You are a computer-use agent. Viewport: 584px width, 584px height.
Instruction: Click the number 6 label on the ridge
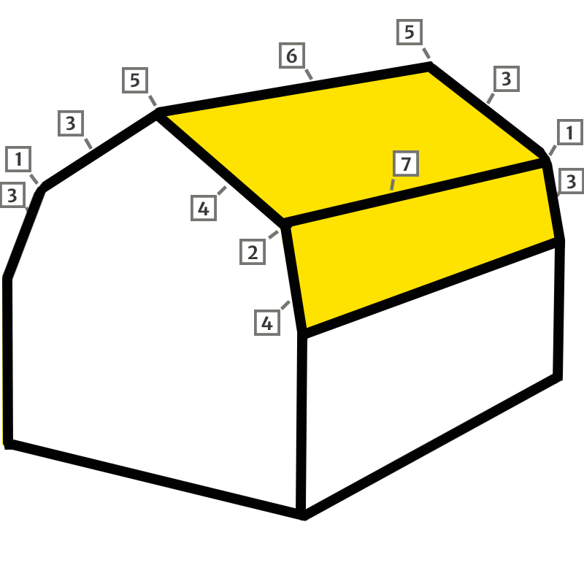291,56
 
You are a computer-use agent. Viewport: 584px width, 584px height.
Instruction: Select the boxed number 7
404,164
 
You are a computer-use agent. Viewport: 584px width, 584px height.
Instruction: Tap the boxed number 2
253,253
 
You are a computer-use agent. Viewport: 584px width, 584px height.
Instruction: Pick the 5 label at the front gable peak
134,80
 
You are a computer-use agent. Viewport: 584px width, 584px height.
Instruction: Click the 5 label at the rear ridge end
409,32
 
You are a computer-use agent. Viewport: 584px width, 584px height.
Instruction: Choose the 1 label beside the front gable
18,158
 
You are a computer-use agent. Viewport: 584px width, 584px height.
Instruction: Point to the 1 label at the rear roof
570,132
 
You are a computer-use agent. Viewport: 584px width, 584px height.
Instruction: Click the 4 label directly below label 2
267,323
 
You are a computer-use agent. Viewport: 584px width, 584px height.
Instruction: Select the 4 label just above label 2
204,209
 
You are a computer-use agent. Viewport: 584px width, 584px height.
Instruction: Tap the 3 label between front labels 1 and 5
70,123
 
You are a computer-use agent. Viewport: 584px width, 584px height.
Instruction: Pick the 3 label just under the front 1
12,195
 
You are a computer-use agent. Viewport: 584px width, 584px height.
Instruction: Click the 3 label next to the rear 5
507,78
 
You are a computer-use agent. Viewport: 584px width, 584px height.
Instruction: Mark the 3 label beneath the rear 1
571,180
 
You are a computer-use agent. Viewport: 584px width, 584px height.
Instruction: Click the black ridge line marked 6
292,88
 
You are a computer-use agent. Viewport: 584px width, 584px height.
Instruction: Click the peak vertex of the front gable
156,112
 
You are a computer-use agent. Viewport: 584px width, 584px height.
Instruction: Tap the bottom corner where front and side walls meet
302,513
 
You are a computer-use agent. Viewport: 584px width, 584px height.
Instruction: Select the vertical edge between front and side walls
301,423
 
